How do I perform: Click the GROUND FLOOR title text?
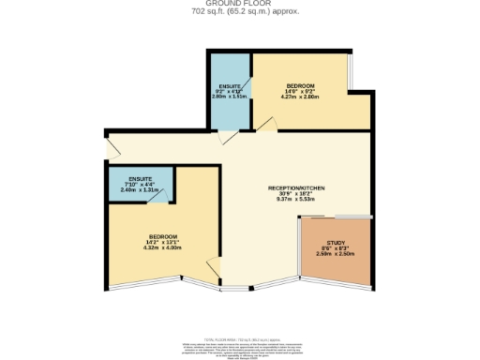pyautogui.click(x=239, y=4)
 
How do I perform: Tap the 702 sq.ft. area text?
pyautogui.click(x=239, y=12)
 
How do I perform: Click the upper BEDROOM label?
pyautogui.click(x=300, y=84)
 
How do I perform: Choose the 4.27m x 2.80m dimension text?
pyautogui.click(x=300, y=97)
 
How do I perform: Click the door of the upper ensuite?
pyautogui.click(x=226, y=138)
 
